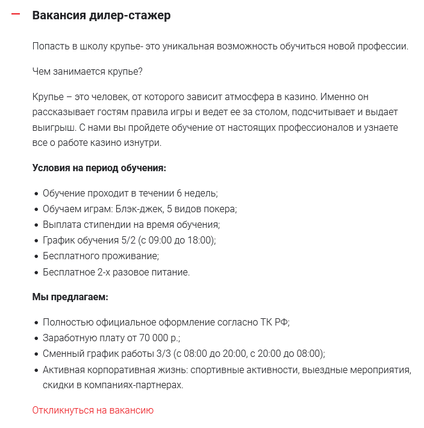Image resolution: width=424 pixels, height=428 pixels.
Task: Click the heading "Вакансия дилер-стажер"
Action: pyautogui.click(x=101, y=16)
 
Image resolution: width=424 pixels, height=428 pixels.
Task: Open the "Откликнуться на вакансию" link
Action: pyautogui.click(x=93, y=411)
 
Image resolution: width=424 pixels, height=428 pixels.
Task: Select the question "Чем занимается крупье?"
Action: pyautogui.click(x=87, y=72)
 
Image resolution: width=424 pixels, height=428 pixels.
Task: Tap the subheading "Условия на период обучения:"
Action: pyautogui.click(x=99, y=168)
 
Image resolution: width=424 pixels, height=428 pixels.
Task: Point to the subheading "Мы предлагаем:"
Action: pyautogui.click(x=70, y=297)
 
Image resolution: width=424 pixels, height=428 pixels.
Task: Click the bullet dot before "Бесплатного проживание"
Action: pyautogui.click(x=36, y=256)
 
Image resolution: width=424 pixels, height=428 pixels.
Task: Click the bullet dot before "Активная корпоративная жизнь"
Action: pyautogui.click(x=36, y=370)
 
